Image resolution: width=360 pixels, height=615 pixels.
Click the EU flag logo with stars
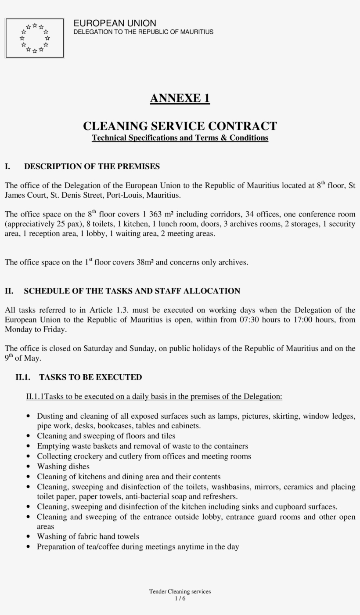[x=35, y=38]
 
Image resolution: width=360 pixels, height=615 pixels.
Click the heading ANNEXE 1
[x=180, y=98]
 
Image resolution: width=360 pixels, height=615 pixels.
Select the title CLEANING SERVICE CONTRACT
[x=180, y=126]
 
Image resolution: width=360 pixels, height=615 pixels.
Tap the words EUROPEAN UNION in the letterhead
[x=115, y=23]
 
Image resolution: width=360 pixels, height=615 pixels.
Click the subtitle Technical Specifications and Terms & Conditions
[x=180, y=138]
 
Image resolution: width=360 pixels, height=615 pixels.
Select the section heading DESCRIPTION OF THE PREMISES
[x=92, y=166]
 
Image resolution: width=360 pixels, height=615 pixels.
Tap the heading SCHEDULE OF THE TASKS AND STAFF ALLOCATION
[x=132, y=291]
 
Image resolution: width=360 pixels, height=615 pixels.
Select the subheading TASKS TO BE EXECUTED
[x=90, y=377]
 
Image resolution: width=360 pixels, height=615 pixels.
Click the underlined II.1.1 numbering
[x=35, y=397]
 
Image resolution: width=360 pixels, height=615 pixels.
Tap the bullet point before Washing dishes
[x=29, y=467]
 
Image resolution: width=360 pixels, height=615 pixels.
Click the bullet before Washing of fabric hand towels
[x=29, y=537]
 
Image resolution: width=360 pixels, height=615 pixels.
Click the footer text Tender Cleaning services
[x=180, y=592]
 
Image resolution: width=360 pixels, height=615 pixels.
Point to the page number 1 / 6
[x=180, y=598]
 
